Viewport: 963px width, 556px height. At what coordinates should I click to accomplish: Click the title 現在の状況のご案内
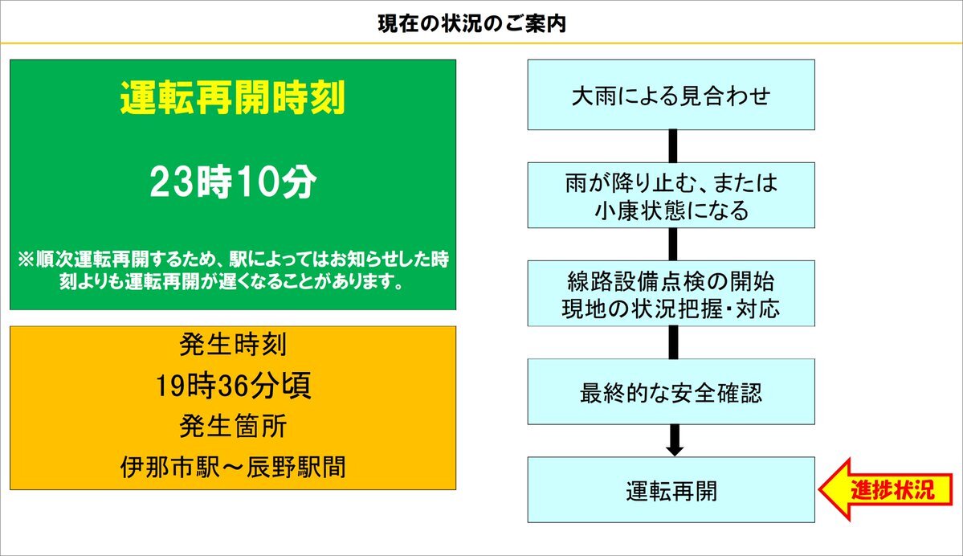[471, 23]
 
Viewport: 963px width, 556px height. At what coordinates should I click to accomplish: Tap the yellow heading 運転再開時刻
[233, 98]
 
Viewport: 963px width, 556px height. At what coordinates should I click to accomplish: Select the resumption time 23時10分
[233, 182]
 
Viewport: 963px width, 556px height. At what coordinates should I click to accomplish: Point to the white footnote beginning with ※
[233, 270]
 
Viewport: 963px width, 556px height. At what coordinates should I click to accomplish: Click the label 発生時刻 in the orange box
[233, 344]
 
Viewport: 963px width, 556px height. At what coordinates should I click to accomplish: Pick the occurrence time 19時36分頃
[233, 385]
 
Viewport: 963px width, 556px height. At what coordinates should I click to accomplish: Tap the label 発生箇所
[233, 426]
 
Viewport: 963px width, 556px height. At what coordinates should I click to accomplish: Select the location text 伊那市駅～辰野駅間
[233, 467]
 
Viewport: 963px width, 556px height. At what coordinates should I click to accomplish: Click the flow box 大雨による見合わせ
[671, 95]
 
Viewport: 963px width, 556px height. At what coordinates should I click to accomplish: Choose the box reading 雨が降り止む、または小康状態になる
[671, 195]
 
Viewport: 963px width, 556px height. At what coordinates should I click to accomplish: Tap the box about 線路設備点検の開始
[671, 293]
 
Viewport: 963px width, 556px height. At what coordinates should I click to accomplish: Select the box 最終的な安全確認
[671, 392]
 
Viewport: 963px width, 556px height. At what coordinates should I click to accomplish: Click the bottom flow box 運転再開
[671, 489]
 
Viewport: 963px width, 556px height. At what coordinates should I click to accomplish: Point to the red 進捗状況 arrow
[886, 489]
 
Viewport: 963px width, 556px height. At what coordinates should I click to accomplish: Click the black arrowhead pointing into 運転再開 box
[675, 450]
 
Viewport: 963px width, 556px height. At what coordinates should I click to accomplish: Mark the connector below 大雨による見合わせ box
[673, 146]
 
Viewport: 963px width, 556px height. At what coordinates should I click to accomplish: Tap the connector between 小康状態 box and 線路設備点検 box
[673, 244]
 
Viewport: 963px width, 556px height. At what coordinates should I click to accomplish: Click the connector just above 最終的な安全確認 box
[673, 343]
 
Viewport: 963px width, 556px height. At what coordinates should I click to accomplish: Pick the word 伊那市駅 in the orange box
[170, 467]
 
